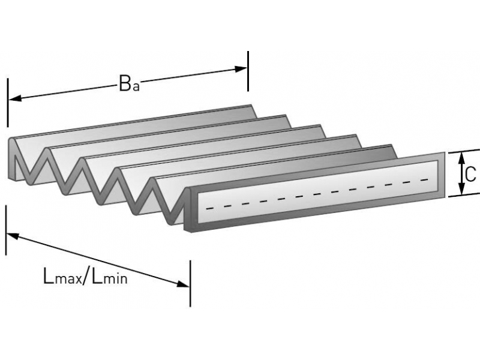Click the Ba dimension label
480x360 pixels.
point(129,84)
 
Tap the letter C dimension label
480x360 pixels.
point(470,174)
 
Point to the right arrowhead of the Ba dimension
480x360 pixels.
point(241,69)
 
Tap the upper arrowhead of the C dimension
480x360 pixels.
point(461,157)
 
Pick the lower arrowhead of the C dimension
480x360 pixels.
point(461,191)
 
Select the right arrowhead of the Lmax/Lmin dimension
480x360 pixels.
point(184,283)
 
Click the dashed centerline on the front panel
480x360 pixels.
point(318,193)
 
